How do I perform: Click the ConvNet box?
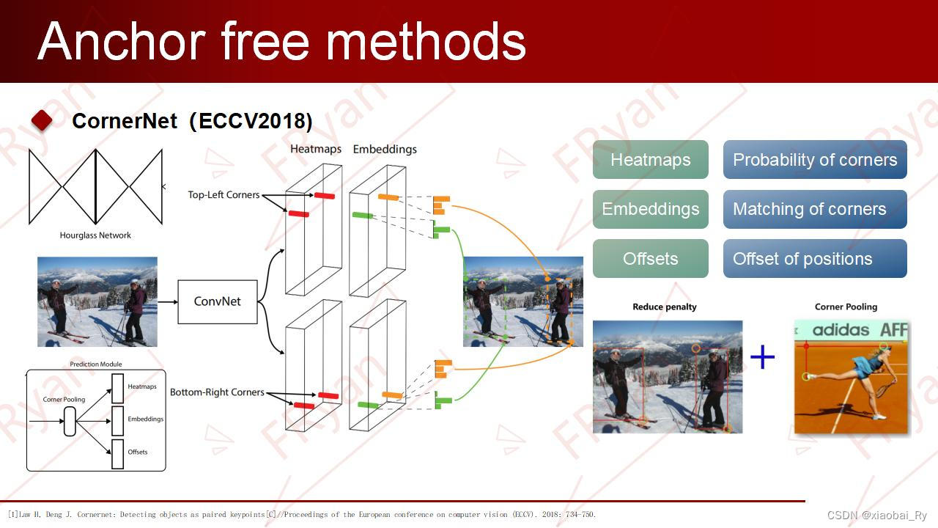point(218,301)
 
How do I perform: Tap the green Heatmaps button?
point(650,160)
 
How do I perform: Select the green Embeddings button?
point(650,209)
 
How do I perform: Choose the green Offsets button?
point(650,259)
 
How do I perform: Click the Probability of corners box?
point(815,160)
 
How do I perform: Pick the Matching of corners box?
point(815,209)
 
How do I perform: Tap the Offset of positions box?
point(815,259)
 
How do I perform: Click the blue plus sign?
point(762,357)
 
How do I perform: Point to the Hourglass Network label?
point(95,235)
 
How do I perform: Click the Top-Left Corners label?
point(224,195)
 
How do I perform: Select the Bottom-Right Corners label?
point(217,392)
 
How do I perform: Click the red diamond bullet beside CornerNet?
point(42,120)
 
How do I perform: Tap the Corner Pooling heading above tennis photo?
point(846,307)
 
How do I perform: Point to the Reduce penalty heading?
point(665,307)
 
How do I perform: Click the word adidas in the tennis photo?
point(841,330)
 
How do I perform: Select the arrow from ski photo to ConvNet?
point(167,301)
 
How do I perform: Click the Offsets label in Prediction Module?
point(138,452)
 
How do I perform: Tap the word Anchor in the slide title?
point(121,41)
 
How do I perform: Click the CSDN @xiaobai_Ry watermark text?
point(877,516)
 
